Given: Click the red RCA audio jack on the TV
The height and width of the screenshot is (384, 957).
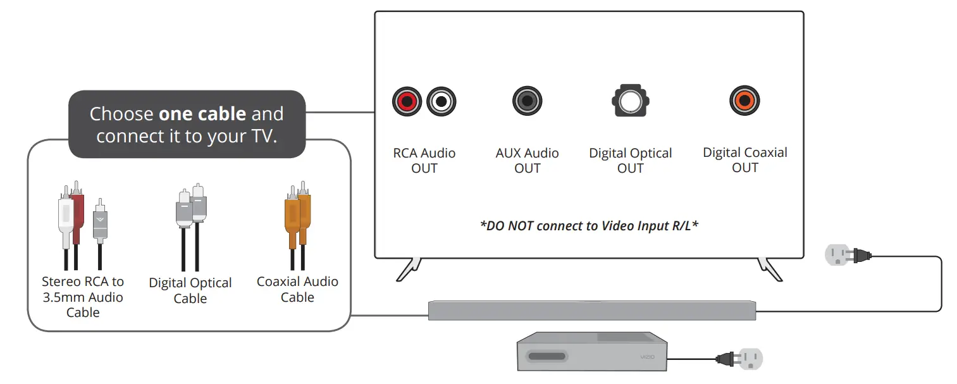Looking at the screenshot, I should (406, 101).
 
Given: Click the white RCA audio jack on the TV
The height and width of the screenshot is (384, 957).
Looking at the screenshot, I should (441, 101).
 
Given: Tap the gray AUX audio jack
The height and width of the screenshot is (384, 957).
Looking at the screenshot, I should (527, 101).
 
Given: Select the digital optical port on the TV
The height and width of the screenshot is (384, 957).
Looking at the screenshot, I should (630, 101).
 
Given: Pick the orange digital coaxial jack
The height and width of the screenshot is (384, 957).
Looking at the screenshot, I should (744, 101).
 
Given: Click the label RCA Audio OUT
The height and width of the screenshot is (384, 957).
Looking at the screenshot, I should (424, 161).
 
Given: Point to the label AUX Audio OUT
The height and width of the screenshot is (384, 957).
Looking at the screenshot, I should (527, 161).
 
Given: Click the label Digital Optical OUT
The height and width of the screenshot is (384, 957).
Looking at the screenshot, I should (630, 161).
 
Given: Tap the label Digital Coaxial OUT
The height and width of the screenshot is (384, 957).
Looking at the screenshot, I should (744, 160).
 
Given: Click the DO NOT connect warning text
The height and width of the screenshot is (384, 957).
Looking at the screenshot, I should (589, 225).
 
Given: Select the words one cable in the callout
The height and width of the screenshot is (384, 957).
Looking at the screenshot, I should (202, 114).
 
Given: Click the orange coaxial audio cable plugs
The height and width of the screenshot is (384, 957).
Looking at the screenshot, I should (297, 215).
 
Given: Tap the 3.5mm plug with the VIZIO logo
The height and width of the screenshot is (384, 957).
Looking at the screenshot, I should (100, 221).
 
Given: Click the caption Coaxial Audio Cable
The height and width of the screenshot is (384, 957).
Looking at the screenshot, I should (297, 289).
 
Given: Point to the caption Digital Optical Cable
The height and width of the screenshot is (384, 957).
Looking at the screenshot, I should (190, 290).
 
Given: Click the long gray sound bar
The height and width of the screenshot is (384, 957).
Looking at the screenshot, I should (592, 311).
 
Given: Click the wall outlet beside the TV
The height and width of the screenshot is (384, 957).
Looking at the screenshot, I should (837, 256).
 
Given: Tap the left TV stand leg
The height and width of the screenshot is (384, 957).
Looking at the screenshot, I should (407, 268).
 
